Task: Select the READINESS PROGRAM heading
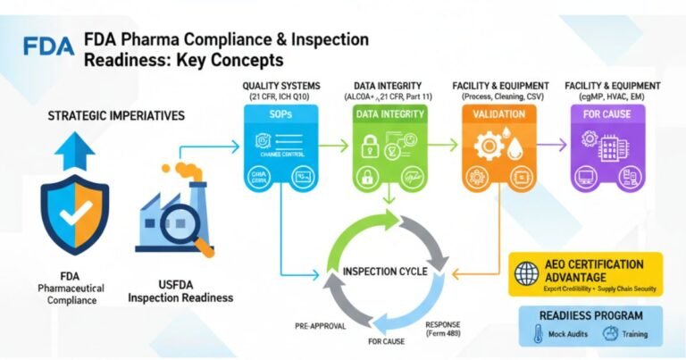(590, 314)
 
